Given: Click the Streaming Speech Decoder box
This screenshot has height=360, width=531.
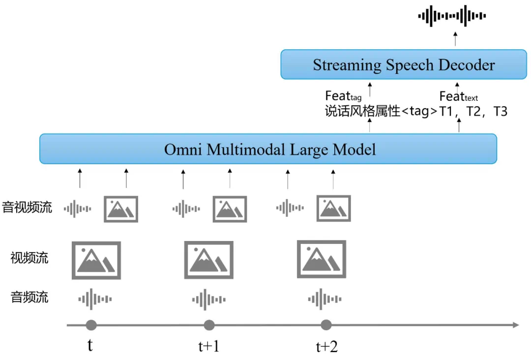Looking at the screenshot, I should tap(404, 64).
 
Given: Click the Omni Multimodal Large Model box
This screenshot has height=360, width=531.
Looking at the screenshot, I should tap(268, 149).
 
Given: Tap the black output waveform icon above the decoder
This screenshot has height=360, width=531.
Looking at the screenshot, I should tap(452, 16).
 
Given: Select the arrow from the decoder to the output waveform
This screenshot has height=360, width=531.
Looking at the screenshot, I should tap(456, 39).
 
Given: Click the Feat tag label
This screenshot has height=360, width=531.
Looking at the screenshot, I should tap(343, 96).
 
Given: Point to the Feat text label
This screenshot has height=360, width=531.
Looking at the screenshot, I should tap(458, 96).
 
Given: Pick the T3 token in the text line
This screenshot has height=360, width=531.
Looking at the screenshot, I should tap(500, 111).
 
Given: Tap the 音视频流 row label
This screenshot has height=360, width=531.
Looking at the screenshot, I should tap(27, 207).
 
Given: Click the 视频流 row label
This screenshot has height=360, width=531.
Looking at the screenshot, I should tap(29, 257).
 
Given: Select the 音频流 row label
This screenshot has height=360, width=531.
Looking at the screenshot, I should tap(29, 297).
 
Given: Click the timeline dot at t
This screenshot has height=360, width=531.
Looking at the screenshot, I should tap(91, 325).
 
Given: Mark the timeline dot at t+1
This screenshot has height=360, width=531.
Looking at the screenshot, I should tap(209, 325).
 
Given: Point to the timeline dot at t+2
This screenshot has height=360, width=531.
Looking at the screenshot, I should tap(326, 325).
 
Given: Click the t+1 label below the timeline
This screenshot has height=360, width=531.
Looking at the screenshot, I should tap(206, 347).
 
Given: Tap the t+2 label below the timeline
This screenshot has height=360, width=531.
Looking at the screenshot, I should tap(326, 347).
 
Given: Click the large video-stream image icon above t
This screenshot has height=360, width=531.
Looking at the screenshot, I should tap(96, 260).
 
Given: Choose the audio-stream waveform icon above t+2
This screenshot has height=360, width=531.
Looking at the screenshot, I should tap(324, 299).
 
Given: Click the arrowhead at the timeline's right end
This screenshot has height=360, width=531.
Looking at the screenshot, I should tap(516, 325).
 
